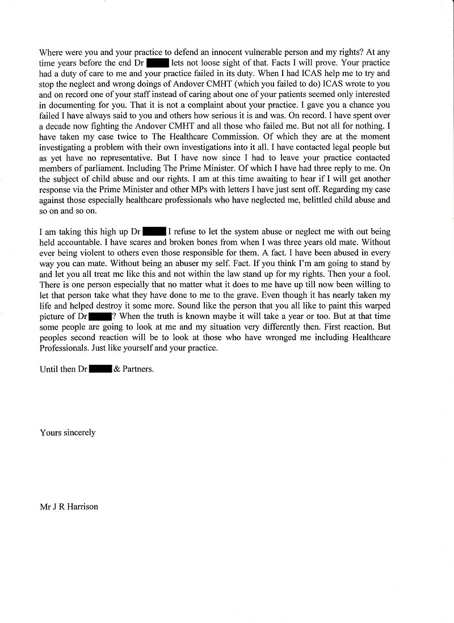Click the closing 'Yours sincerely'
[x=68, y=433]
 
